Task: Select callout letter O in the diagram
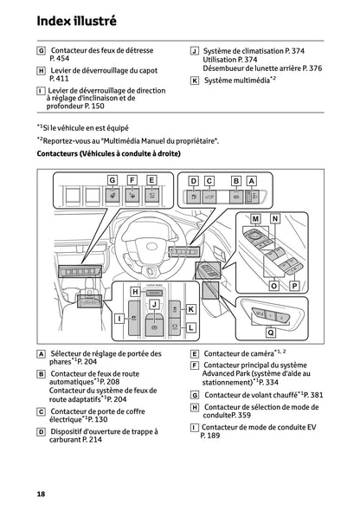273,284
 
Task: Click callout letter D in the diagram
193,180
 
